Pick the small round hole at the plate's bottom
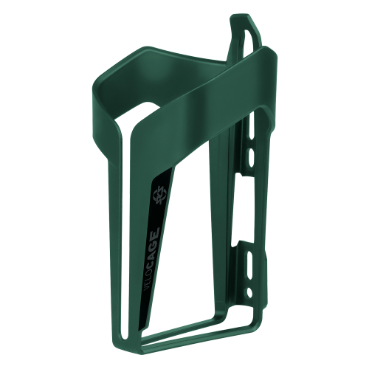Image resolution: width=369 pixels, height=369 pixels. pyautogui.click(x=249, y=292)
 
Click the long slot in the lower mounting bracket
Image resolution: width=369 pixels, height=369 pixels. pyautogui.click(x=250, y=261)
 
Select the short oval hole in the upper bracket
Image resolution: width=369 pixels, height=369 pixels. pyautogui.click(x=251, y=156)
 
